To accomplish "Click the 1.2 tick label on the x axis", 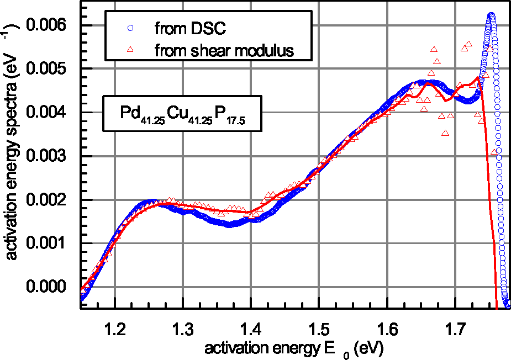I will pyautogui.click(x=114, y=332).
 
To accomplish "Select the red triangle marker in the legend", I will pyautogui.click(x=130, y=50).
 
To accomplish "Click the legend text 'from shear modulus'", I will pyautogui.click(x=224, y=51).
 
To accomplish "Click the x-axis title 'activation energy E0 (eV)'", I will pyautogui.click(x=293, y=349).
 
